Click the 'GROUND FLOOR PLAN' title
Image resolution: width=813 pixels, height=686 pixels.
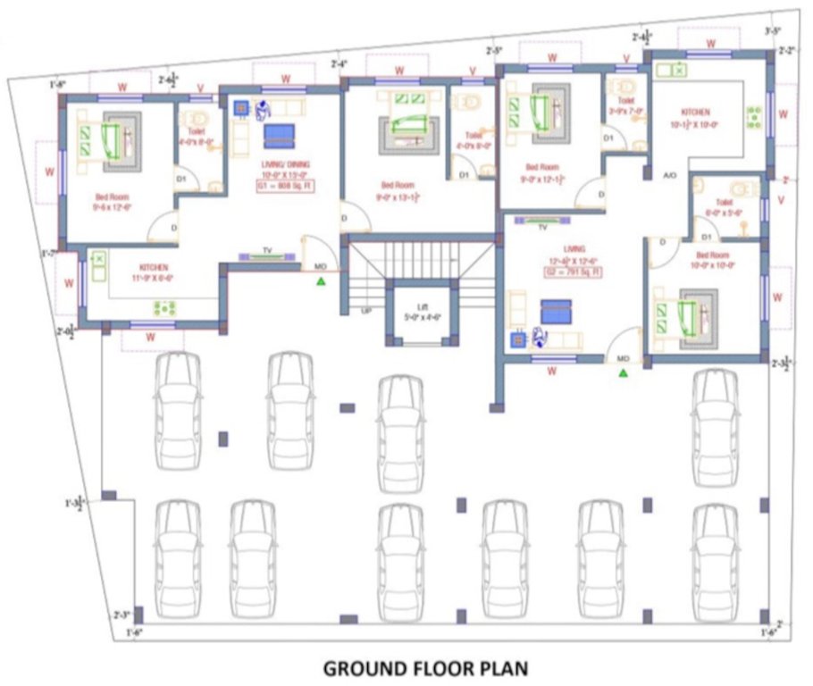click(425, 667)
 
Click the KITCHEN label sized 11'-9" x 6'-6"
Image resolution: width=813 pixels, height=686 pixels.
click(154, 272)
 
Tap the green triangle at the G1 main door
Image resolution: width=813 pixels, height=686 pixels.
click(321, 283)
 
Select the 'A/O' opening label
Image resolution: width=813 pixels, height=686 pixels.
click(670, 176)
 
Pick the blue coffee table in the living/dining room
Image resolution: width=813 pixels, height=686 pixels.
click(279, 136)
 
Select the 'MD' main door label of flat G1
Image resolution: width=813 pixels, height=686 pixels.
click(321, 266)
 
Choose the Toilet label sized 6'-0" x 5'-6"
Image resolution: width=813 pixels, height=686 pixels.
click(724, 209)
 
